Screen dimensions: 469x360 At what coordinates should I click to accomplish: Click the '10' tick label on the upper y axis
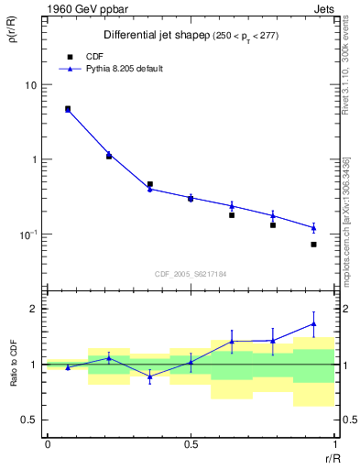pyautogui.click(x=29, y=85)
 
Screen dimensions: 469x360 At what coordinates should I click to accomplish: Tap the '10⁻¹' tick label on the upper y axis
pyautogui.click(x=27, y=234)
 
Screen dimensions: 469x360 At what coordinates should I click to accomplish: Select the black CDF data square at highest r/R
pyautogui.click(x=313, y=245)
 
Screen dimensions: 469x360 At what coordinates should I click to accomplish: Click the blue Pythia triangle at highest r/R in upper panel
pyautogui.click(x=313, y=228)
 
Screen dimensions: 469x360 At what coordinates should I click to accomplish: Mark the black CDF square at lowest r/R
pyautogui.click(x=68, y=108)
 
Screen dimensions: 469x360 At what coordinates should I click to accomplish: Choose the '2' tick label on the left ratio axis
pyautogui.click(x=32, y=309)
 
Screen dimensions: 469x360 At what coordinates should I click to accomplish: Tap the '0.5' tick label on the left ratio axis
pyautogui.click(x=28, y=420)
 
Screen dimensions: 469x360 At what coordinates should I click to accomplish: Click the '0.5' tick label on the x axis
pyautogui.click(x=190, y=444)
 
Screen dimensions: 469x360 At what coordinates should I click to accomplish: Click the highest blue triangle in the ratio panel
pyautogui.click(x=313, y=323)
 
